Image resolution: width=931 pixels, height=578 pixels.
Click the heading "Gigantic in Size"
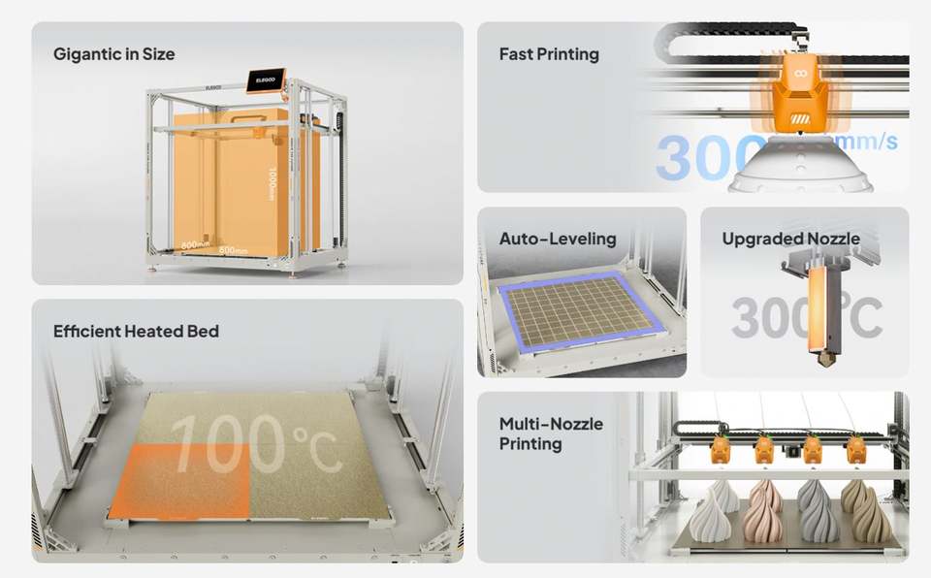114,54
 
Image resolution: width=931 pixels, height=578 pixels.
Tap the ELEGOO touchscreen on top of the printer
265,80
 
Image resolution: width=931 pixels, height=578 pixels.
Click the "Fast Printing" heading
549,54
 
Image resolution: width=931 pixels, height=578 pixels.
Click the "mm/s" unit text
866,142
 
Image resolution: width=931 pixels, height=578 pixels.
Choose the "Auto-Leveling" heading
558,239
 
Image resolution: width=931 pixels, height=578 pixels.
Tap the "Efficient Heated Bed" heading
136,332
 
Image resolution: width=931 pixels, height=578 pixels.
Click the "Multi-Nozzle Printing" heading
551,433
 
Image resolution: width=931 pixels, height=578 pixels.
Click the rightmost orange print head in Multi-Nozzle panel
856,449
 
